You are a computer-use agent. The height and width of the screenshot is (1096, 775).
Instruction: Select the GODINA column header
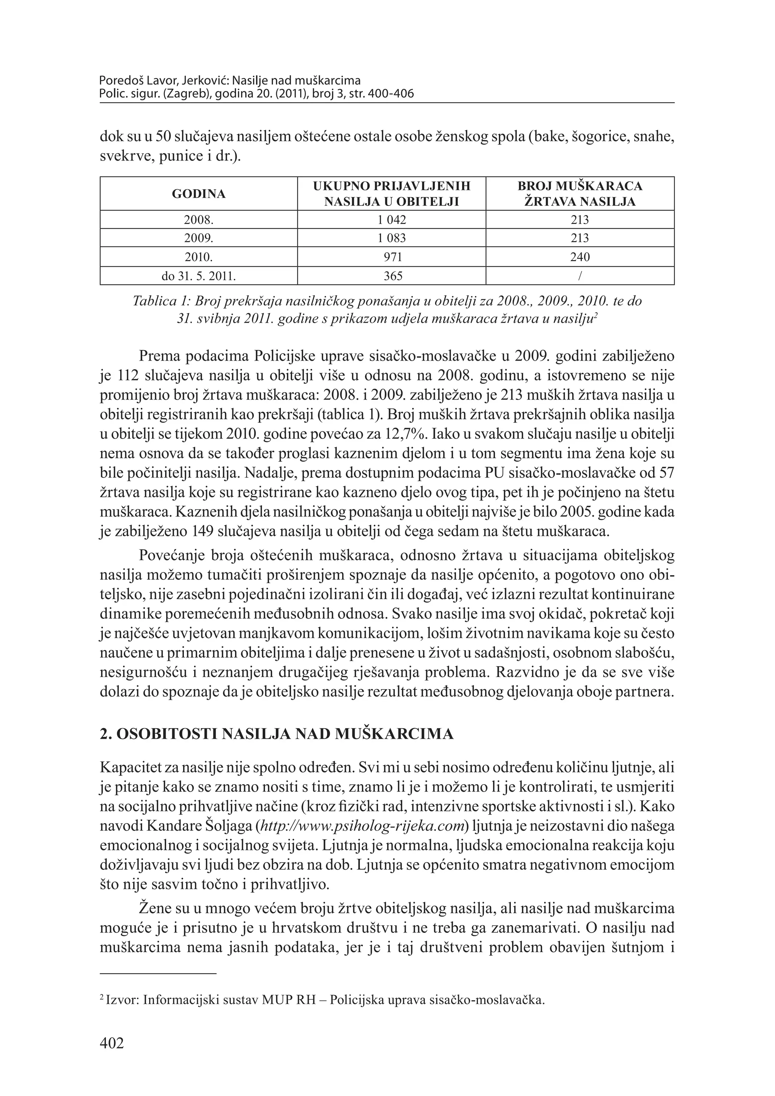pyautogui.click(x=199, y=194)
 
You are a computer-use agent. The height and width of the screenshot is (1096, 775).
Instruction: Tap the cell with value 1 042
pyautogui.click(x=391, y=220)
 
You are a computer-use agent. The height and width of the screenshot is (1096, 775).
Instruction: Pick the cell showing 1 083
pyautogui.click(x=391, y=238)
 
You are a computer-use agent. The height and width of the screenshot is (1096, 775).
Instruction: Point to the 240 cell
pyautogui.click(x=580, y=257)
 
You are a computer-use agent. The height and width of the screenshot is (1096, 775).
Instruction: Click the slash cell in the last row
pyautogui.click(x=580, y=276)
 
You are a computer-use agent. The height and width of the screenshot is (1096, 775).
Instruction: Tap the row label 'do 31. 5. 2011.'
pyautogui.click(x=199, y=276)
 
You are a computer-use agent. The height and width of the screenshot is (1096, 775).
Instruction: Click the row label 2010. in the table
pyautogui.click(x=199, y=257)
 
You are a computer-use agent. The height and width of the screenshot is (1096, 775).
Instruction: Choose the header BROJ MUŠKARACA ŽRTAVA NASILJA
pyautogui.click(x=580, y=194)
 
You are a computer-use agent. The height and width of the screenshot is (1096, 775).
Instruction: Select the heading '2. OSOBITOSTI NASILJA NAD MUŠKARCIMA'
pyautogui.click(x=276, y=734)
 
